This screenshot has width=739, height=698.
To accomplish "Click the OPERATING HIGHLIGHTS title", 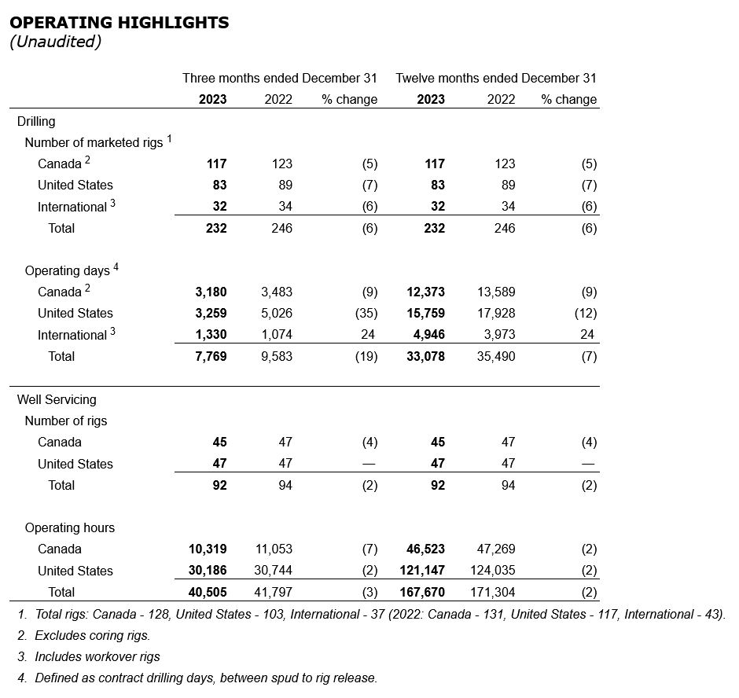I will point(119,23).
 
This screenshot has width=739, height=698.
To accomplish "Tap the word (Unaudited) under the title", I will point(55,42).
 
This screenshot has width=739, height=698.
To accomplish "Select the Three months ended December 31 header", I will point(280,79).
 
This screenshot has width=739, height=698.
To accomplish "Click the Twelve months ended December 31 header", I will point(496,79).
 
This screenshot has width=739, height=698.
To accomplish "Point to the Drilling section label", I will point(36,121).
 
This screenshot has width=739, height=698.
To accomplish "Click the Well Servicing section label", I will point(57,399).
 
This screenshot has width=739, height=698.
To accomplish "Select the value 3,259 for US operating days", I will point(211,314).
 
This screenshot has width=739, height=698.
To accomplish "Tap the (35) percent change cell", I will point(365,314).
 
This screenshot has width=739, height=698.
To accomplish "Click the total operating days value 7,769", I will point(211,357).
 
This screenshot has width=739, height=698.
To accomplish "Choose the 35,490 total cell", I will point(496,357).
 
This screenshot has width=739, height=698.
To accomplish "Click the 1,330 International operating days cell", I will point(211,335).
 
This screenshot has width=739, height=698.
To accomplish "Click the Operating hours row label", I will point(70,528).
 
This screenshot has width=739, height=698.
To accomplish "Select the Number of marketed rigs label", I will point(94,143).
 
